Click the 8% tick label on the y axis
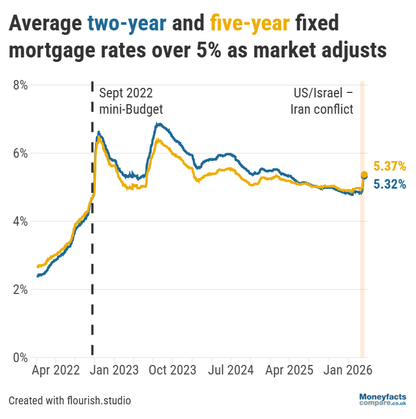(x=20, y=85)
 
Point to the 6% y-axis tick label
(x=20, y=153)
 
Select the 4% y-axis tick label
(x=20, y=221)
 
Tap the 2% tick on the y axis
(x=20, y=289)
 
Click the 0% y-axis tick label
(x=20, y=358)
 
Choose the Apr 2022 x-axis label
(x=56, y=371)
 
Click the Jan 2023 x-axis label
(x=115, y=371)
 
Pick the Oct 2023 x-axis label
(x=172, y=371)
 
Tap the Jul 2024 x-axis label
(x=231, y=371)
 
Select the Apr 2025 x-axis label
(x=289, y=371)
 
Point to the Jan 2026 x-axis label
(x=347, y=371)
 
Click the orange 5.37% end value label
(x=390, y=166)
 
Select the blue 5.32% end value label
(x=390, y=184)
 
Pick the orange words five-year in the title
(x=250, y=25)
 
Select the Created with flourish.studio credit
(x=70, y=401)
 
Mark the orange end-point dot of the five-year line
(x=364, y=175)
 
